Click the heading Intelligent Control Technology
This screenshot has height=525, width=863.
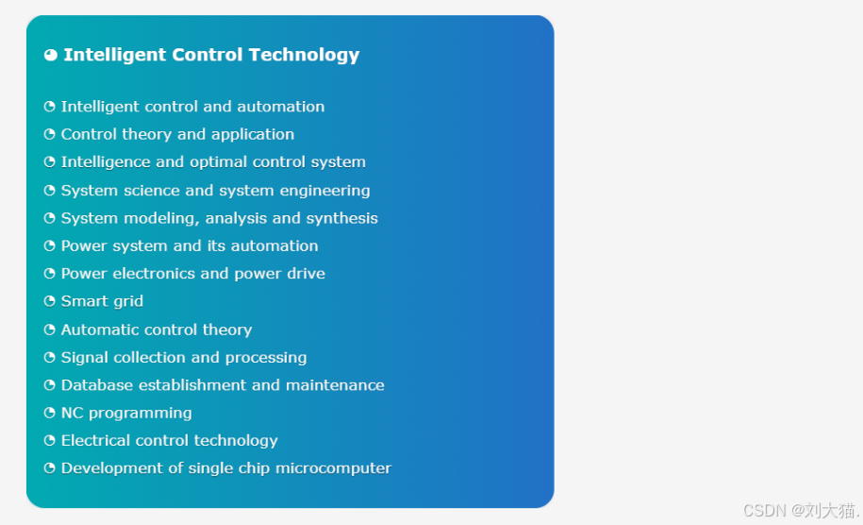coord(211,55)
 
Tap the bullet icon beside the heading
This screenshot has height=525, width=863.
coord(51,55)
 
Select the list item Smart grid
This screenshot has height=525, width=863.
coord(102,301)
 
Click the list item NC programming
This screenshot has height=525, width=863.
coord(126,414)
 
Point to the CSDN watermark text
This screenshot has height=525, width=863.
coord(802,510)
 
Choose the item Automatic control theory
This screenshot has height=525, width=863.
coord(157,330)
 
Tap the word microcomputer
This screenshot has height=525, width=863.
coord(333,468)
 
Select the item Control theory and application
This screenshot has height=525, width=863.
coord(177,134)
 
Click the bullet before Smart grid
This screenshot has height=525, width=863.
coord(50,301)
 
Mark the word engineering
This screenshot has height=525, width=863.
coord(324,191)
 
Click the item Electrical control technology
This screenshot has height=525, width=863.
coord(169,441)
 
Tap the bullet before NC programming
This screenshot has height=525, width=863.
coord(50,413)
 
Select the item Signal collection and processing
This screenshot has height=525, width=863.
coord(184,358)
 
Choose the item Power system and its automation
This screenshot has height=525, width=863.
coord(190,246)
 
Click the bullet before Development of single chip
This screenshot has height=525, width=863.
coord(50,467)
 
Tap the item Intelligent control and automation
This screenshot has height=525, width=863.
coord(192,107)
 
